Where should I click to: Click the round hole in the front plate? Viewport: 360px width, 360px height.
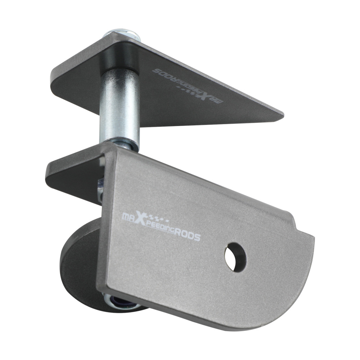point(236,256)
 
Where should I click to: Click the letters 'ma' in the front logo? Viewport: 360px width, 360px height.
point(128,217)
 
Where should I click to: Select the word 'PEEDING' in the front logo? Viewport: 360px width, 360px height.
point(160,231)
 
